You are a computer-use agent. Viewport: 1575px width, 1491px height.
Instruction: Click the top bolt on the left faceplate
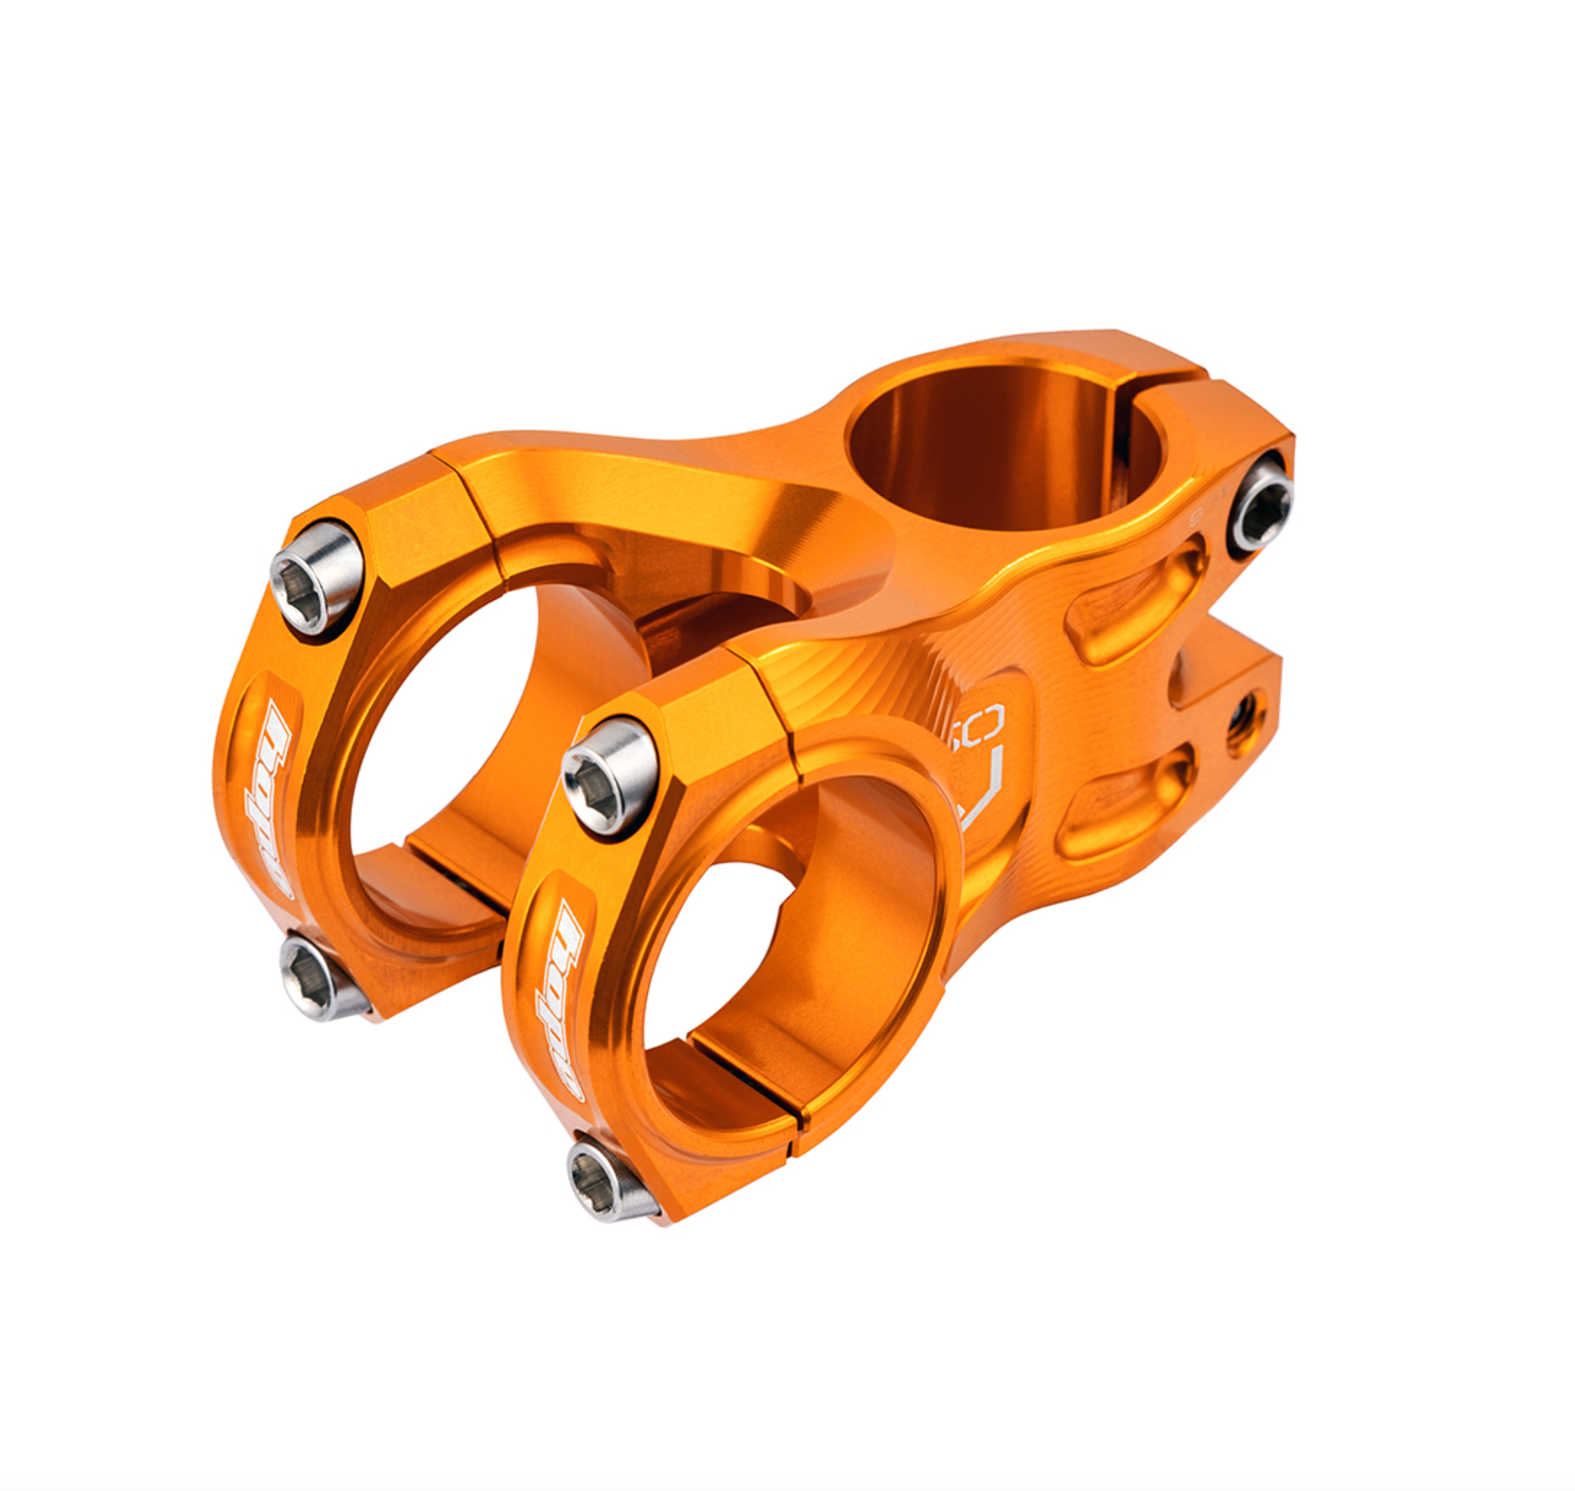317,577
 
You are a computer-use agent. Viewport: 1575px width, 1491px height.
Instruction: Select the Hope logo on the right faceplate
559,997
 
